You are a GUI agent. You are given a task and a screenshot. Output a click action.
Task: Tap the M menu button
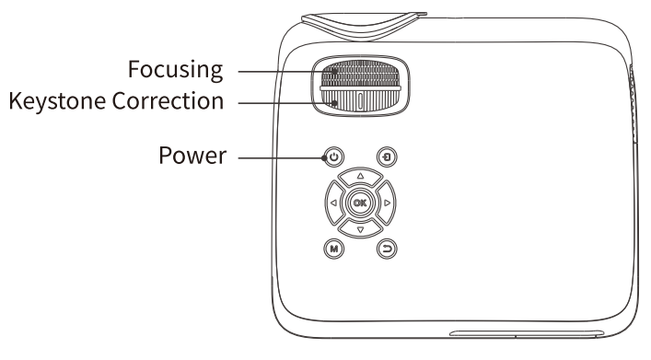[x=333, y=248]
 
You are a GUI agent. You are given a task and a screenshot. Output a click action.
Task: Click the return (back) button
[x=385, y=248]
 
